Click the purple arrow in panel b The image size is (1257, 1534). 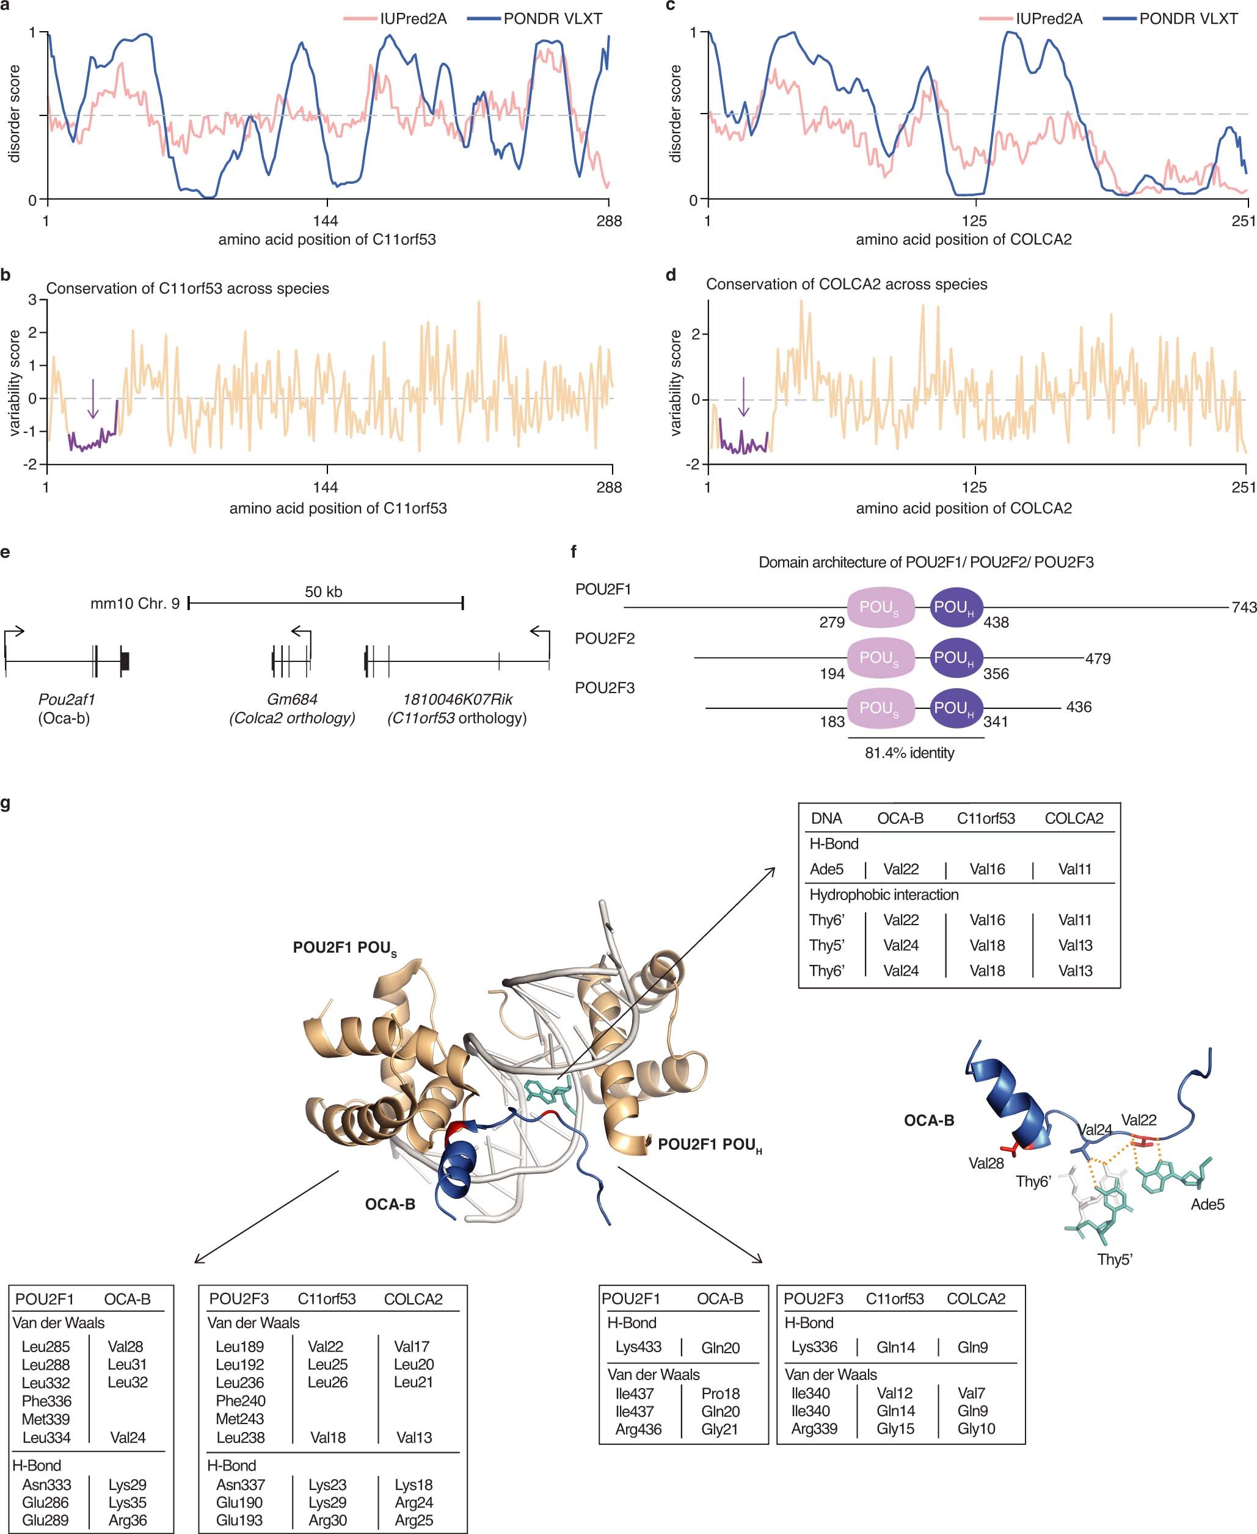(93, 398)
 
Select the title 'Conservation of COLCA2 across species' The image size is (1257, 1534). (847, 285)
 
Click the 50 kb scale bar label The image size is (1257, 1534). (324, 592)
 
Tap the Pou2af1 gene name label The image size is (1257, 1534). (67, 699)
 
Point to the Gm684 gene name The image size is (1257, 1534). (293, 699)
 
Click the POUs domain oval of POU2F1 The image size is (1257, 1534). (881, 608)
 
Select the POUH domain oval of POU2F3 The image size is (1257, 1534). (956, 707)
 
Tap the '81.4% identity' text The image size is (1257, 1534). (909, 753)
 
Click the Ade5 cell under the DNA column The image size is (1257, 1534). (826, 869)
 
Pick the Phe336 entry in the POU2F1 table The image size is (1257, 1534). (46, 1401)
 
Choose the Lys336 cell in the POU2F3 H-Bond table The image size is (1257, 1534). (815, 1347)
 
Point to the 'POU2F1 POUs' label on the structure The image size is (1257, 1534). (344, 948)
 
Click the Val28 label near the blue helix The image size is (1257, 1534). (986, 1163)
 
